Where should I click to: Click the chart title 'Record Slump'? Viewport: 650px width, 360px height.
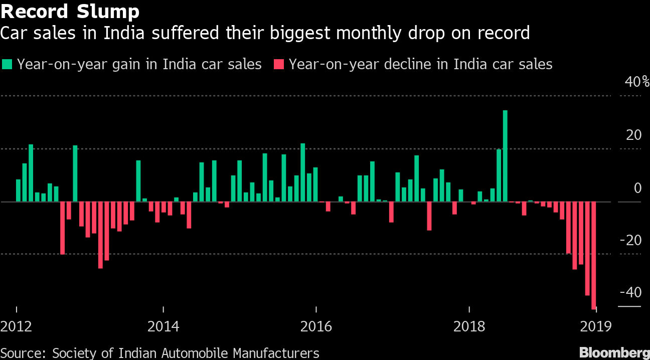coord(70,11)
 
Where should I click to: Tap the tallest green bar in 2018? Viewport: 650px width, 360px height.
coord(505,155)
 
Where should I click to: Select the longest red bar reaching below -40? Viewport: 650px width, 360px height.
coord(594,255)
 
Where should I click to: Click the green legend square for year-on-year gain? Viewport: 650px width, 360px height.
coord(8,65)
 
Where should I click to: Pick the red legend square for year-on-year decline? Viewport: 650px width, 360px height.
coord(279,65)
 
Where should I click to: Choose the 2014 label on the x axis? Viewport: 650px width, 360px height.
coord(164,327)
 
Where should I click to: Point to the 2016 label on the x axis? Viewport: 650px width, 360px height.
coord(316,327)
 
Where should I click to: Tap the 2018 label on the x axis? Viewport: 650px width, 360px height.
coord(468,327)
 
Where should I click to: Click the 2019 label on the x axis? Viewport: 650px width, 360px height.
coord(595,327)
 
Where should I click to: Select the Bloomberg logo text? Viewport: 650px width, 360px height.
coord(614,352)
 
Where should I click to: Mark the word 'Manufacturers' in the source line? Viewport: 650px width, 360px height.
coord(271,353)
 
